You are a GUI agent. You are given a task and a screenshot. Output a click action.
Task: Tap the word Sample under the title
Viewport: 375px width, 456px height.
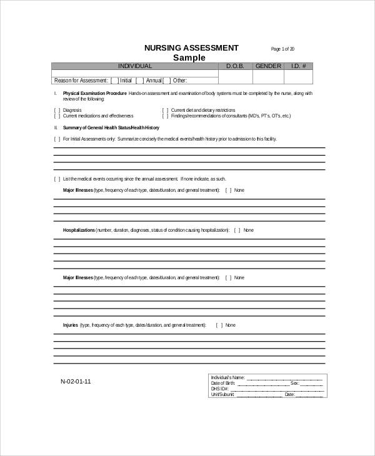189,57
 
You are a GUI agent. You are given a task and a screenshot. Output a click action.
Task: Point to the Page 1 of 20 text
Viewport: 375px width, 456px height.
282,49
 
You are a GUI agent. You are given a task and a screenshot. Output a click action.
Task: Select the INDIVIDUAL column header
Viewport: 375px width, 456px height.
135,66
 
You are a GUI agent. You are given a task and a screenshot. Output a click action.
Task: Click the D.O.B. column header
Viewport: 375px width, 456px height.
235,66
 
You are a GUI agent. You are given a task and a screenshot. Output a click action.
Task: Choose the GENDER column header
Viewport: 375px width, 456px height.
268,66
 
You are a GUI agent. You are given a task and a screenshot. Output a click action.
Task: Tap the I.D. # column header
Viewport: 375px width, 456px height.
297,66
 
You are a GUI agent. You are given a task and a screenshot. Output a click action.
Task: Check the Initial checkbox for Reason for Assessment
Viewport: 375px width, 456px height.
114,80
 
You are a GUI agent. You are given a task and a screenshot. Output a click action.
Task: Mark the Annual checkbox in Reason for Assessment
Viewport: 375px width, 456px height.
141,80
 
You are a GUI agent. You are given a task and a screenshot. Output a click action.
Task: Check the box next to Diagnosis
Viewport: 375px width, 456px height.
57,110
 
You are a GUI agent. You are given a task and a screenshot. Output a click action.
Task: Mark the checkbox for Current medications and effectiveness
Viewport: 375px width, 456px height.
57,116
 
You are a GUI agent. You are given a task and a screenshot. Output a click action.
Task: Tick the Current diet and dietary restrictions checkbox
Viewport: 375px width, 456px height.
165,110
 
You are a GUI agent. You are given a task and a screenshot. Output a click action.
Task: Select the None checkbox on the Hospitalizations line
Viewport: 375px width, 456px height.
237,230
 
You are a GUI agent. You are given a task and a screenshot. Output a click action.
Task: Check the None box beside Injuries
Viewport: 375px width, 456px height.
219,325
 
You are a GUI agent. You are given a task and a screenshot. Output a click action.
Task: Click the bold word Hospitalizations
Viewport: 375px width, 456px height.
79,230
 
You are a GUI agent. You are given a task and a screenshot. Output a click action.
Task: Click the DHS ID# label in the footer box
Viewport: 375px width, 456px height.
220,389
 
